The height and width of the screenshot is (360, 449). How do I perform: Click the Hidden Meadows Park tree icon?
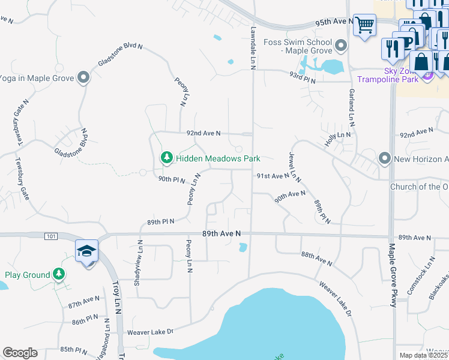tap(166, 158)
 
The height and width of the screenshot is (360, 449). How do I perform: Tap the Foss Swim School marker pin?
tap(342, 46)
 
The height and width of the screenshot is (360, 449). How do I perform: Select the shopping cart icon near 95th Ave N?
tap(364, 26)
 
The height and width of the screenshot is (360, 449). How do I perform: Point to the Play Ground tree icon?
tap(58, 275)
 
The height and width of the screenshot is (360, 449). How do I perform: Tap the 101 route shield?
tap(51, 236)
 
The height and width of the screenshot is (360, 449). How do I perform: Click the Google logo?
tap(20, 353)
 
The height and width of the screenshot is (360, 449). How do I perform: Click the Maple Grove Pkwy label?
tap(393, 276)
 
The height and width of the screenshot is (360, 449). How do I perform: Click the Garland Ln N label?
tap(352, 107)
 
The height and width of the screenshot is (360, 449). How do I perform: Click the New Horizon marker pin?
tap(384, 158)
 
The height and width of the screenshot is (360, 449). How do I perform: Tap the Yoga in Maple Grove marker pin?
tap(83, 77)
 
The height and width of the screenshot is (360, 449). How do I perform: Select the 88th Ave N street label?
tap(316, 259)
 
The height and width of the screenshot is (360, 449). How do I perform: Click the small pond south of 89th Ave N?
tap(243, 247)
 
